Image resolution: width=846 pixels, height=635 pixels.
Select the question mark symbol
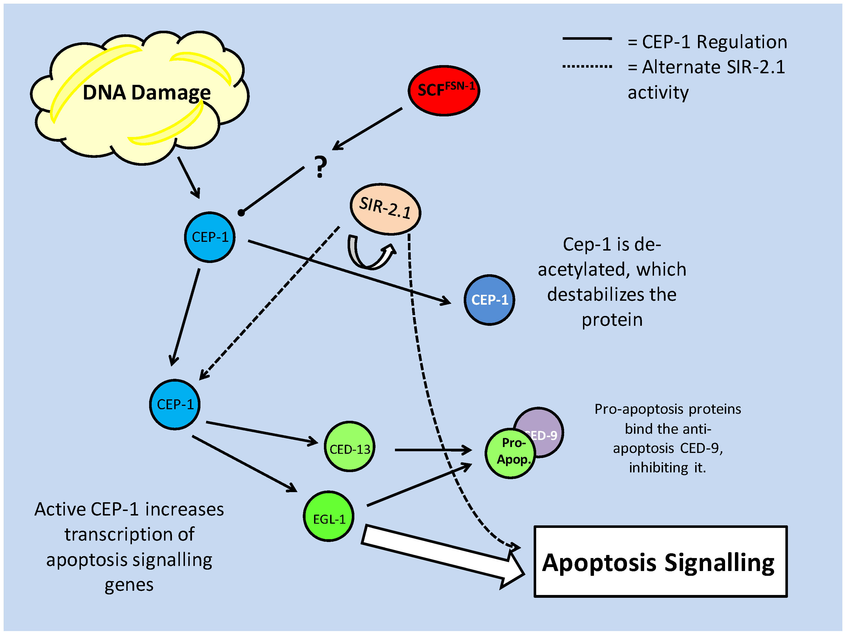coord(321,167)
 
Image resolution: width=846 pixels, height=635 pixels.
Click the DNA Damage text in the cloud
coord(147,92)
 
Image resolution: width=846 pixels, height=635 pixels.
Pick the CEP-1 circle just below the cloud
coord(209,237)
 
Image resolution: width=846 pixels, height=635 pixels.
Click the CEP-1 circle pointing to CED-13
coord(175,404)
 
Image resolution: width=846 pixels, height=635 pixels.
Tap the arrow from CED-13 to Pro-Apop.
coord(432,450)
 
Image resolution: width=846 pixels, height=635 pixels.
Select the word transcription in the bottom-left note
coord(129,534)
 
